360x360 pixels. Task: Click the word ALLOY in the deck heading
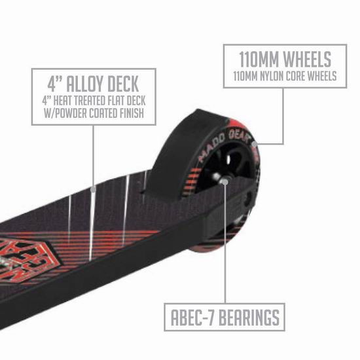tap(85, 84)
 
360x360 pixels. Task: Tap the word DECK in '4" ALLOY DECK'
tap(123, 84)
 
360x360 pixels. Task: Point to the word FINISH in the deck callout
tap(132, 113)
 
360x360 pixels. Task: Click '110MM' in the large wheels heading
tap(259, 60)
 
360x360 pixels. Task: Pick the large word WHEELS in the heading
tap(307, 60)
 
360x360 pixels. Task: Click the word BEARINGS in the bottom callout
tap(249, 317)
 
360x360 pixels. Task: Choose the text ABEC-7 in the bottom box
tap(193, 317)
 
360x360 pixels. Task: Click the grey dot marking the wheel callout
tap(255, 144)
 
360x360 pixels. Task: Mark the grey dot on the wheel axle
tap(225, 182)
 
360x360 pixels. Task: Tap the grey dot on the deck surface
tap(93, 190)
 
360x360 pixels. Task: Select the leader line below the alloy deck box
tap(93, 156)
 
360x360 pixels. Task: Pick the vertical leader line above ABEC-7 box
tap(225, 244)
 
